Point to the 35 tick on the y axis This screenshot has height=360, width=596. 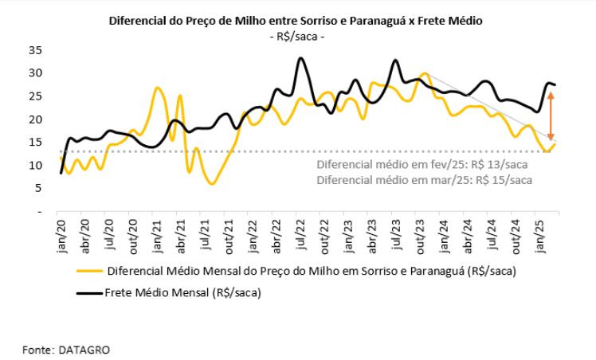coord(36,49)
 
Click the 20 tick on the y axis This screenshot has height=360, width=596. coord(36,119)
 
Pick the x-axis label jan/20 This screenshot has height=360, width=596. coord(61,233)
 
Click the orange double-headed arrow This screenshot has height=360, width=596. coord(550,116)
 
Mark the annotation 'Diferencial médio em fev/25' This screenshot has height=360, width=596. coord(422,166)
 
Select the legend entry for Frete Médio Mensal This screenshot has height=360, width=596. coord(183,293)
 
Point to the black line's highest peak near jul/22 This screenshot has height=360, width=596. coord(300,58)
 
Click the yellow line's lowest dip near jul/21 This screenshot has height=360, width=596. coord(211,184)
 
